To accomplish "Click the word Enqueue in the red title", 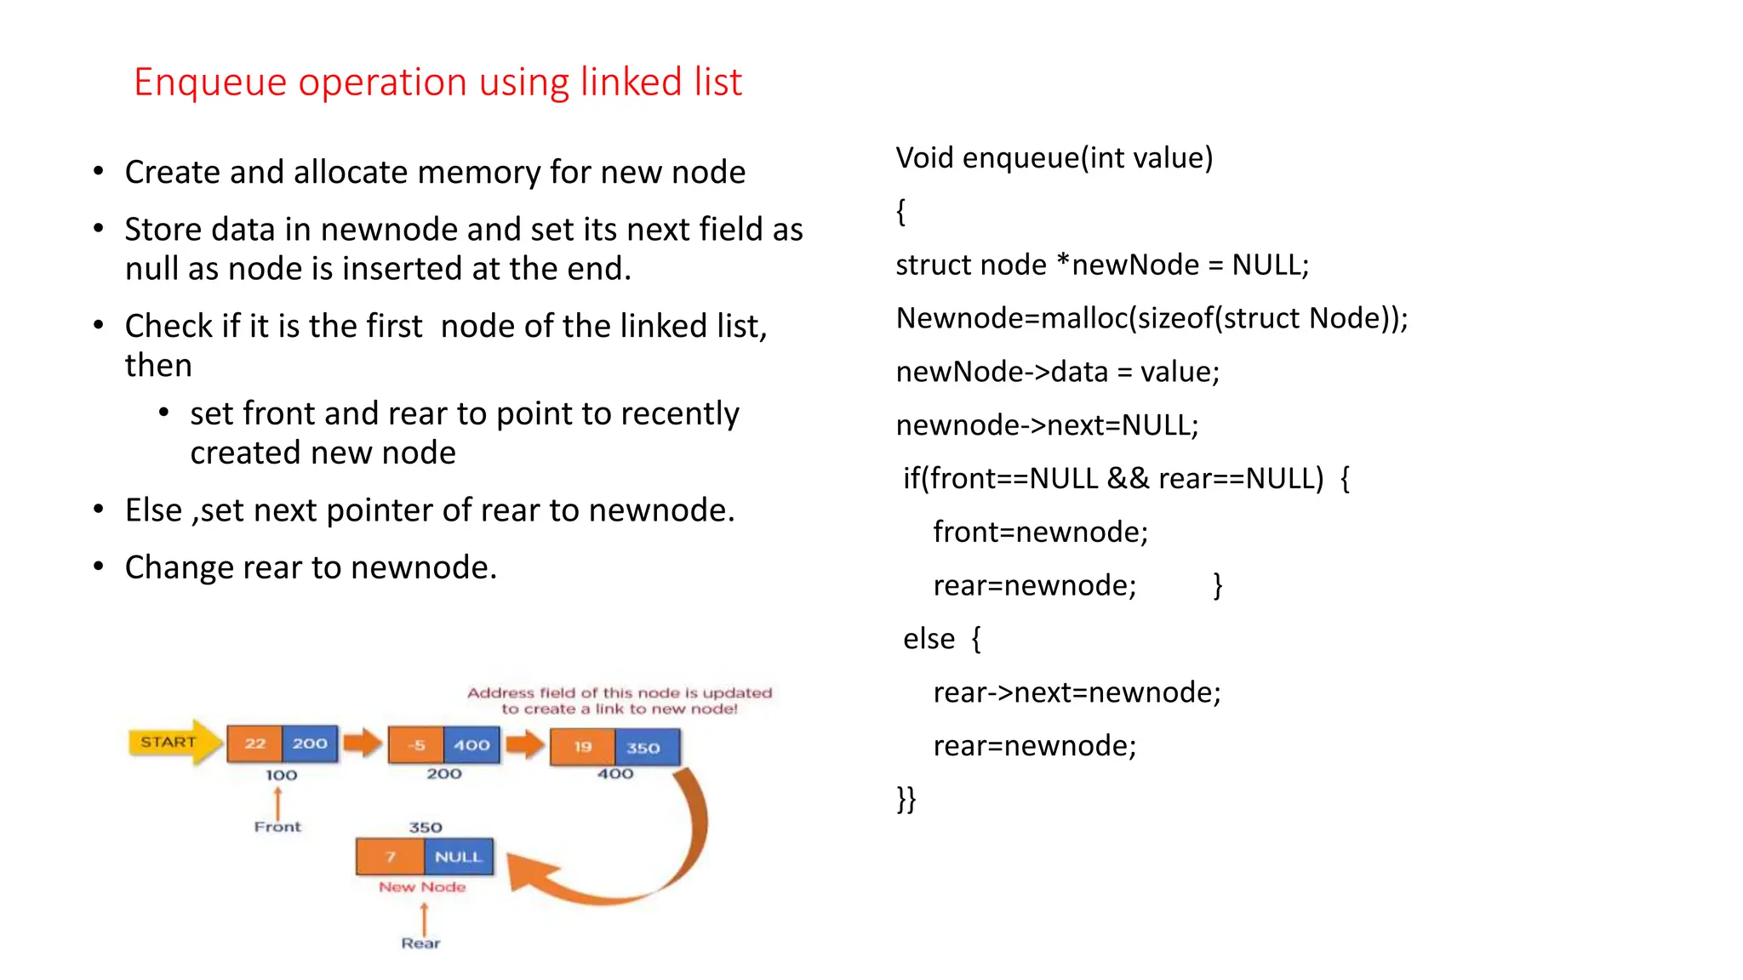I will [209, 83].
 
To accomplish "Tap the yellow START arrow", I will [171, 742].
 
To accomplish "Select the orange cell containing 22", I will [254, 744].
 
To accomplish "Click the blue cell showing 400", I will [471, 745].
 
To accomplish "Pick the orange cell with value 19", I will [583, 748].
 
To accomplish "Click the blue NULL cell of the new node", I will [458, 857].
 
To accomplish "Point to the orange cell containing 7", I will [390, 857].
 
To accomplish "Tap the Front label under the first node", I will [277, 827].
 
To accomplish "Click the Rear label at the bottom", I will [420, 943].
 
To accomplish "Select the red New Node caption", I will [422, 887].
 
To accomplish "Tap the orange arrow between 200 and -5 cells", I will [363, 743].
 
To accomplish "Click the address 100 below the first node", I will [281, 775].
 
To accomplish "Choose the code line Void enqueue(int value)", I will [1054, 158].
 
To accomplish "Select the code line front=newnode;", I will [1040, 533].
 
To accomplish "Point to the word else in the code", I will [929, 639].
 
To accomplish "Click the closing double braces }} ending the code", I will [906, 799].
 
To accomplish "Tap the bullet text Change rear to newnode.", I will [311, 567].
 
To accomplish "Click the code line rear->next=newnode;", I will [1077, 692].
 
